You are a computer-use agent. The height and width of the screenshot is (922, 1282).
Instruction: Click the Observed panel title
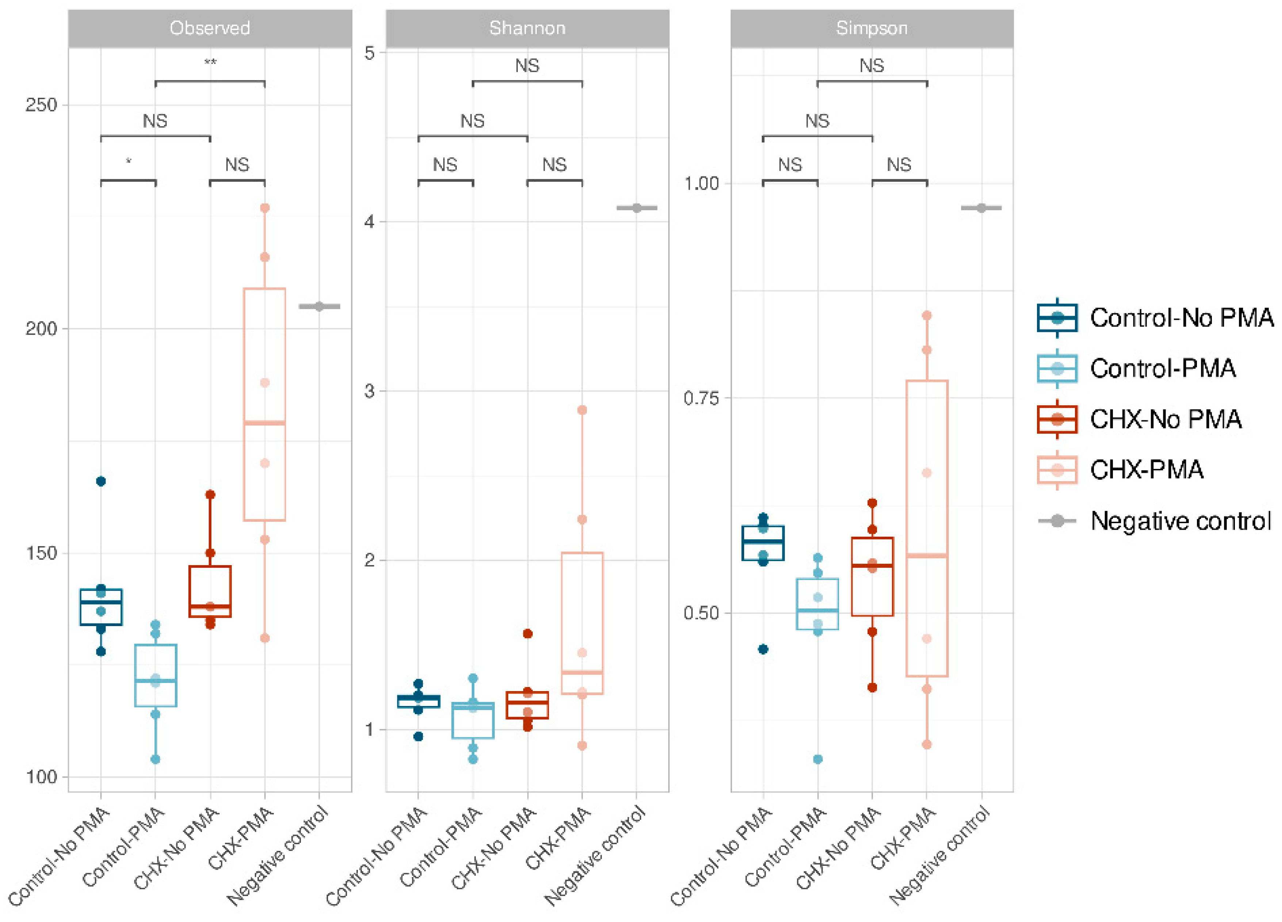pos(210,28)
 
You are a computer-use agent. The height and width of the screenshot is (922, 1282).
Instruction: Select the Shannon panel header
pos(527,28)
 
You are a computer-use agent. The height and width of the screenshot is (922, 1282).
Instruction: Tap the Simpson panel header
pos(872,28)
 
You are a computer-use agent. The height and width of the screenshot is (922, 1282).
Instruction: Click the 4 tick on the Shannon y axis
pos(370,221)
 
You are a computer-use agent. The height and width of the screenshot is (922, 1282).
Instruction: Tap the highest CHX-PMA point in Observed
pos(264,208)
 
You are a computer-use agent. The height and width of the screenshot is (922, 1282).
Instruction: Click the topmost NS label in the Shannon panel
pos(527,66)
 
